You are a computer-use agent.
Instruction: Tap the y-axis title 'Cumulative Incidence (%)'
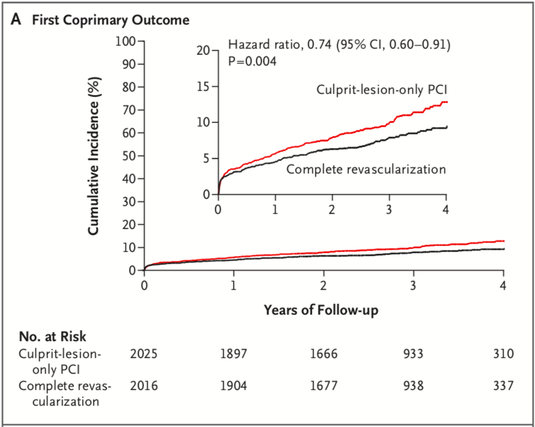(x=94, y=155)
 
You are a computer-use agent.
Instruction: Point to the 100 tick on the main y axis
(x=128, y=41)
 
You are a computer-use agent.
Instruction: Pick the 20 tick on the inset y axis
(x=203, y=51)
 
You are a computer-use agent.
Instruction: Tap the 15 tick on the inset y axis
(x=203, y=86)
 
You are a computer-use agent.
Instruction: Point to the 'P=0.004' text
(x=252, y=60)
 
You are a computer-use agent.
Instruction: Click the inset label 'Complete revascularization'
(x=366, y=169)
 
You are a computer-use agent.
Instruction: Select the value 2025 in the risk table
(x=144, y=353)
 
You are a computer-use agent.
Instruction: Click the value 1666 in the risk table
(x=323, y=353)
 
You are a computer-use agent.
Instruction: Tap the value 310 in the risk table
(x=502, y=353)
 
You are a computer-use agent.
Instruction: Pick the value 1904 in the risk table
(x=234, y=385)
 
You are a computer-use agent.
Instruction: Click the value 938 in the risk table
(x=413, y=385)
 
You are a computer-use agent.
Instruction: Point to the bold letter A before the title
(x=16, y=20)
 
